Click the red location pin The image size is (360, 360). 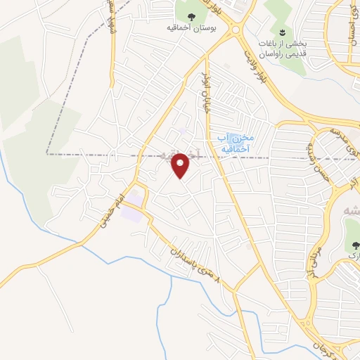181,165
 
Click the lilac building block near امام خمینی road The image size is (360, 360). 131,212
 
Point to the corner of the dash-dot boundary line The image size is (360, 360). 48,153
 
